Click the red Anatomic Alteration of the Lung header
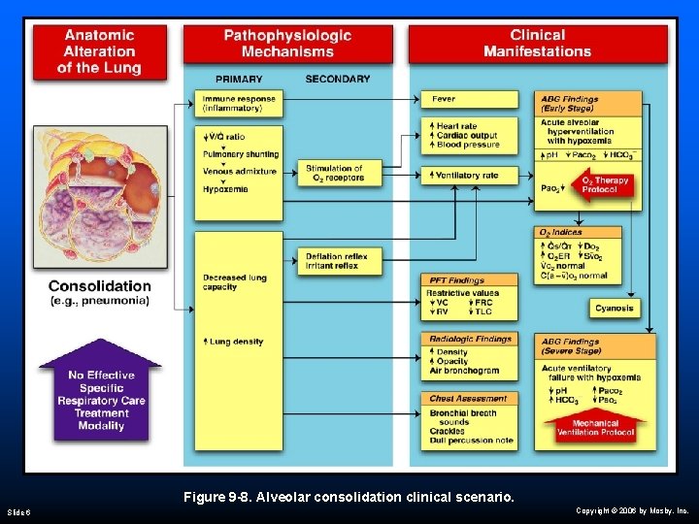click(99, 50)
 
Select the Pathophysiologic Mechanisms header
click(287, 44)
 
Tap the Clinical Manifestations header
click(537, 44)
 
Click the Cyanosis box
click(615, 309)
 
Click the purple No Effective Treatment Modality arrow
click(101, 392)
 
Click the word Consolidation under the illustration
click(100, 286)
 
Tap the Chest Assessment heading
click(468, 398)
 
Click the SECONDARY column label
click(337, 79)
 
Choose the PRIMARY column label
click(239, 79)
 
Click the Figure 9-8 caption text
click(349, 497)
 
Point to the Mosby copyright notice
click(631, 509)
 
